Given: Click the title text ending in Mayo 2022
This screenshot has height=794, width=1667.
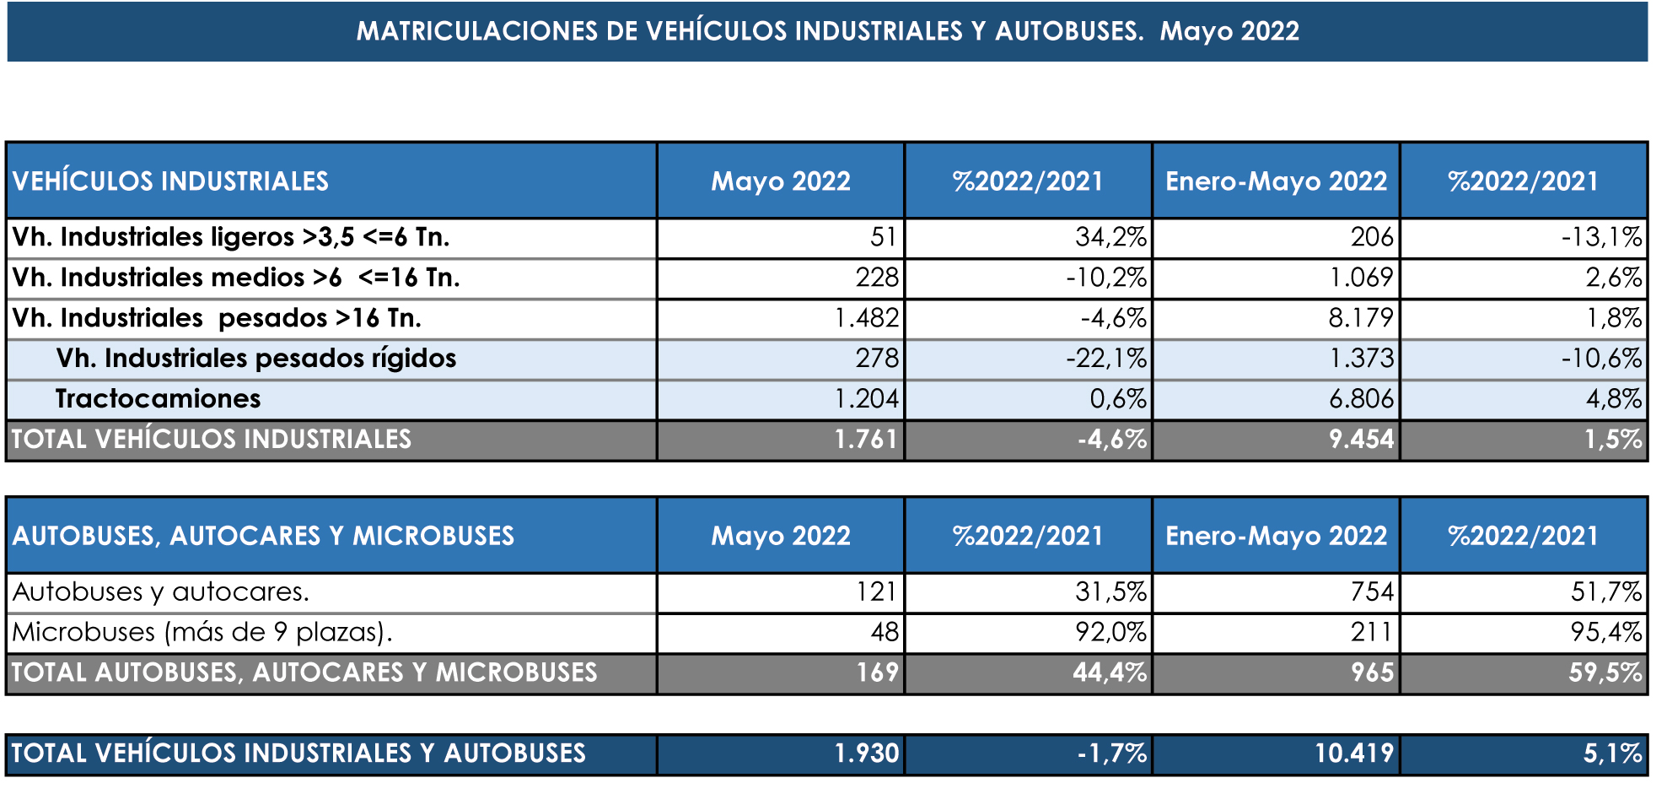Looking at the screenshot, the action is (827, 31).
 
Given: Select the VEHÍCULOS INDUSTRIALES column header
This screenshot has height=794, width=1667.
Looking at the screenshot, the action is (170, 181).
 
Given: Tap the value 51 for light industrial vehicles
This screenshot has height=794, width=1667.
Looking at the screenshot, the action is (885, 237).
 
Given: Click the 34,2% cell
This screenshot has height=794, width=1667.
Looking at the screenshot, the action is (1110, 237).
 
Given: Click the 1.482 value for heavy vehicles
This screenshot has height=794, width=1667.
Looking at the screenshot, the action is (866, 318).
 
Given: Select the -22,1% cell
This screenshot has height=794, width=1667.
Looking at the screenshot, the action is (1106, 359).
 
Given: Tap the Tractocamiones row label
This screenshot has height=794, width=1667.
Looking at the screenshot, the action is (159, 399).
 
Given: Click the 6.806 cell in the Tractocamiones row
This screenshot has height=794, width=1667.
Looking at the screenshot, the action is (1361, 399).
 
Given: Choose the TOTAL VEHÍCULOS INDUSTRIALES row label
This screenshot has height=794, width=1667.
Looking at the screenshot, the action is (212, 440).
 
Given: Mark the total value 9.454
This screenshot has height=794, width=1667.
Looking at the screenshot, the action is (1361, 440).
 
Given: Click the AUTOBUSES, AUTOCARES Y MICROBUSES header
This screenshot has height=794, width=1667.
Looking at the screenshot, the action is (263, 536).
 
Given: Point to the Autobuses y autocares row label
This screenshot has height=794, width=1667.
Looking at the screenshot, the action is (160, 591).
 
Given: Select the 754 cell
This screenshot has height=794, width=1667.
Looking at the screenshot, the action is (1372, 591).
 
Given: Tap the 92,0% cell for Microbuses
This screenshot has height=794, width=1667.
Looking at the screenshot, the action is (1110, 632).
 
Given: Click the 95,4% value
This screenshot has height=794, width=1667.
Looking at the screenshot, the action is (1605, 632).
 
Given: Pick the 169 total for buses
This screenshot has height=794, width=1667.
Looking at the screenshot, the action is (878, 672).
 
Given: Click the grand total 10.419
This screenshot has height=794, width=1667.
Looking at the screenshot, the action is (1354, 753).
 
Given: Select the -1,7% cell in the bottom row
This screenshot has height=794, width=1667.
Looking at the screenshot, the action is (1112, 753).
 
